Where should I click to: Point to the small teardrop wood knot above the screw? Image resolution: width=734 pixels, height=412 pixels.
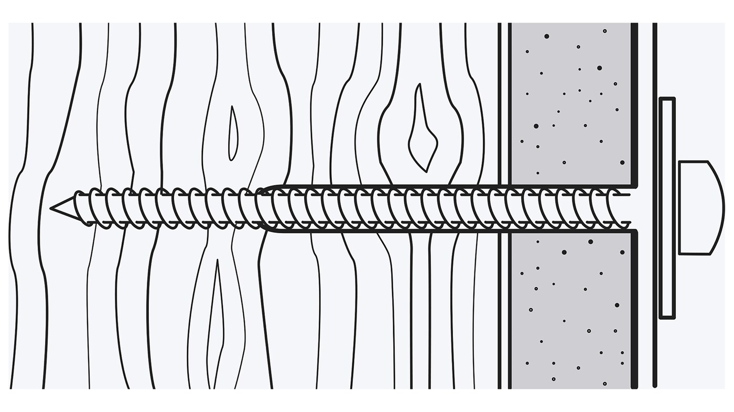(233, 134)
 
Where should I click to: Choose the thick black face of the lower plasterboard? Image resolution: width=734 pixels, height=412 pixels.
(634, 309)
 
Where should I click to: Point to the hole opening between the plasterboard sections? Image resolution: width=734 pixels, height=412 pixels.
(633, 208)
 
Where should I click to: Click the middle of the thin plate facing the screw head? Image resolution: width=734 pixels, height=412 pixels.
(667, 208)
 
